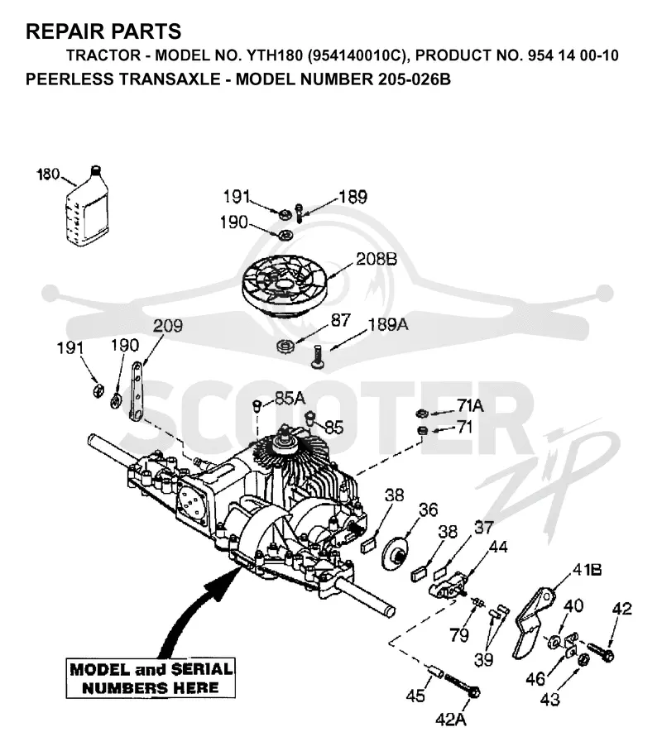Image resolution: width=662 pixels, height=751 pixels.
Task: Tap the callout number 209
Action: (x=168, y=326)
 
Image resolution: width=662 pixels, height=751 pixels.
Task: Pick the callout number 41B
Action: (x=587, y=570)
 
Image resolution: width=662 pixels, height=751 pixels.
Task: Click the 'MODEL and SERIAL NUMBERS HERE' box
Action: (x=151, y=678)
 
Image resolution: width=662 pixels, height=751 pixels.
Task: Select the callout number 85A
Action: (x=290, y=398)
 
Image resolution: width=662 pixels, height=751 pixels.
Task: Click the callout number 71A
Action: (x=470, y=405)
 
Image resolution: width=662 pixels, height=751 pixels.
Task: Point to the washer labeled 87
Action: (x=285, y=345)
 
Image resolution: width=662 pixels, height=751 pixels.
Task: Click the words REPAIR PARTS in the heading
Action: (x=103, y=31)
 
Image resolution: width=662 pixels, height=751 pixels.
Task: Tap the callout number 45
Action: (x=415, y=696)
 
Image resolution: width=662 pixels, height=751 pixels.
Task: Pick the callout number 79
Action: (x=458, y=635)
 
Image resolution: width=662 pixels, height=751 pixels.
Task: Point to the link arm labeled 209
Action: (x=137, y=391)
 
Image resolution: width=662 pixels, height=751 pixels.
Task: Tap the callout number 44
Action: (x=498, y=547)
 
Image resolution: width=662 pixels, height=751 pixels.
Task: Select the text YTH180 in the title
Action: (x=275, y=55)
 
